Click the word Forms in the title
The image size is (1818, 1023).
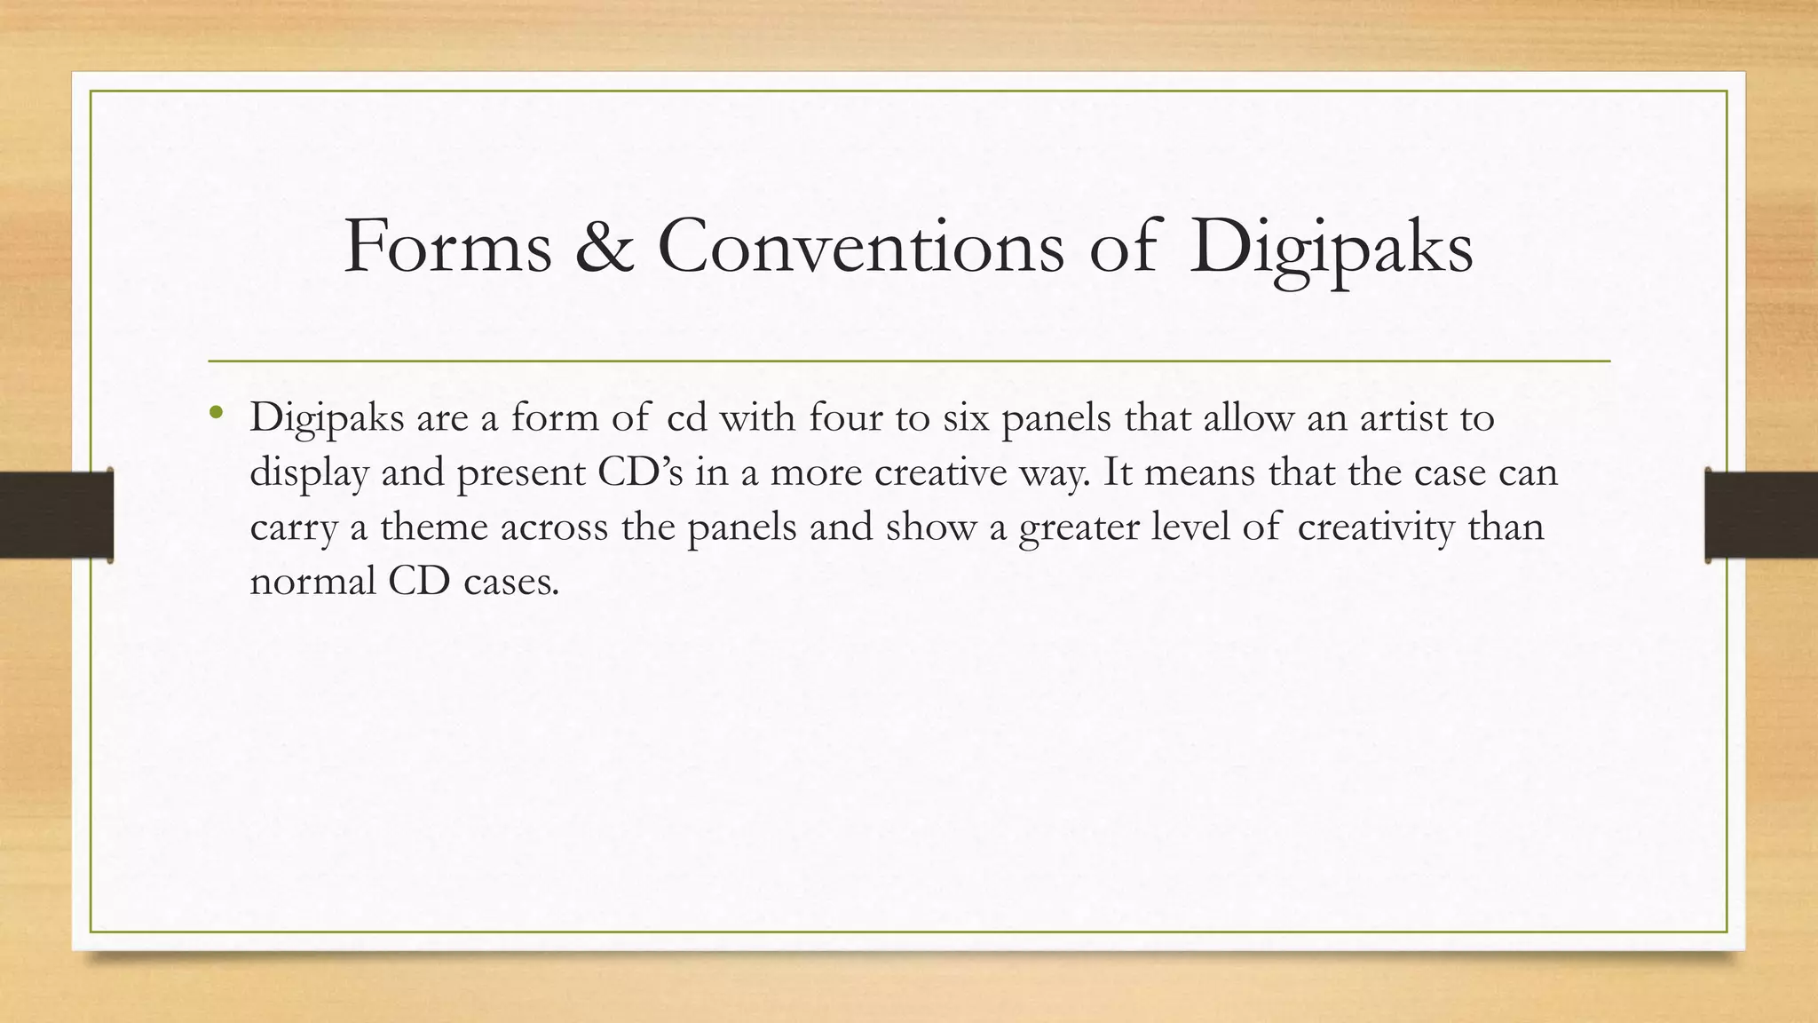pyautogui.click(x=447, y=246)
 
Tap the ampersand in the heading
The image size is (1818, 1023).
pyautogui.click(x=604, y=246)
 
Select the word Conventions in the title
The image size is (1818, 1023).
pyautogui.click(x=860, y=246)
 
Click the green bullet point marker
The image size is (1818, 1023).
pyautogui.click(x=216, y=413)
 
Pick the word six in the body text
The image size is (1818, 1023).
pyautogui.click(x=965, y=417)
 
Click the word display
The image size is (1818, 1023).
pyautogui.click(x=308, y=473)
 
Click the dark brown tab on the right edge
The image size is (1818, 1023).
pyautogui.click(x=1761, y=515)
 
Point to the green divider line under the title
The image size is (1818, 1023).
pyautogui.click(x=909, y=361)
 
